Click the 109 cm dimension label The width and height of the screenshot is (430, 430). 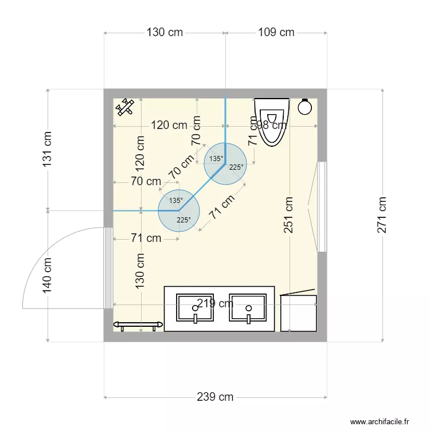point(276,32)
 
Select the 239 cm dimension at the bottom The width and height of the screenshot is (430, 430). point(215,397)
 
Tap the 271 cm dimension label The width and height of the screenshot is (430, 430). point(382,215)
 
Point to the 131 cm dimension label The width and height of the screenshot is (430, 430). point(47,150)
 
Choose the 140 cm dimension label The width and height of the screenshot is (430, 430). point(47,276)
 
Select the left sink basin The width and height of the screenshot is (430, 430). point(195,308)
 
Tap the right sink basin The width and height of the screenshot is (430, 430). point(248,308)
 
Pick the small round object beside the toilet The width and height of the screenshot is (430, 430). point(305,107)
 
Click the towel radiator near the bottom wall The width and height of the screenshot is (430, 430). point(136,325)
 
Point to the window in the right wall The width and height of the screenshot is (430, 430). point(322,207)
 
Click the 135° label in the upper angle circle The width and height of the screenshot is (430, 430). point(216,159)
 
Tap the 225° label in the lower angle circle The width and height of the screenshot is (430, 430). point(183,220)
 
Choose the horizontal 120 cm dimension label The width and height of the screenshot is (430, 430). point(169,125)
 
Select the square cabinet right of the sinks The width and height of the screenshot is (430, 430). point(299,313)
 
